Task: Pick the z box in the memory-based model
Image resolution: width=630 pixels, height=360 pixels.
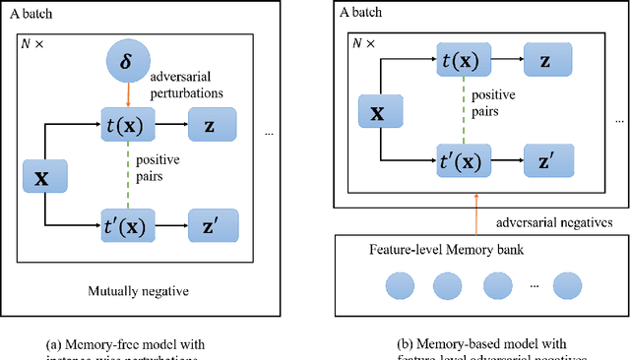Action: click(x=544, y=61)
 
